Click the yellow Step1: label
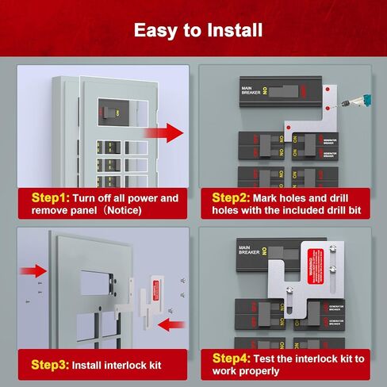(x=52, y=197)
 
